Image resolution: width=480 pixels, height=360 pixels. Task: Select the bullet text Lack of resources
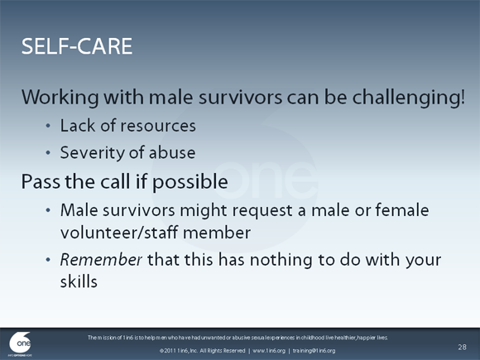tap(128, 127)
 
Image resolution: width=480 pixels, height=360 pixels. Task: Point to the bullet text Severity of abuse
tap(127, 153)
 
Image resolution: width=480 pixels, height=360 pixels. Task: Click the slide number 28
tap(462, 345)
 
